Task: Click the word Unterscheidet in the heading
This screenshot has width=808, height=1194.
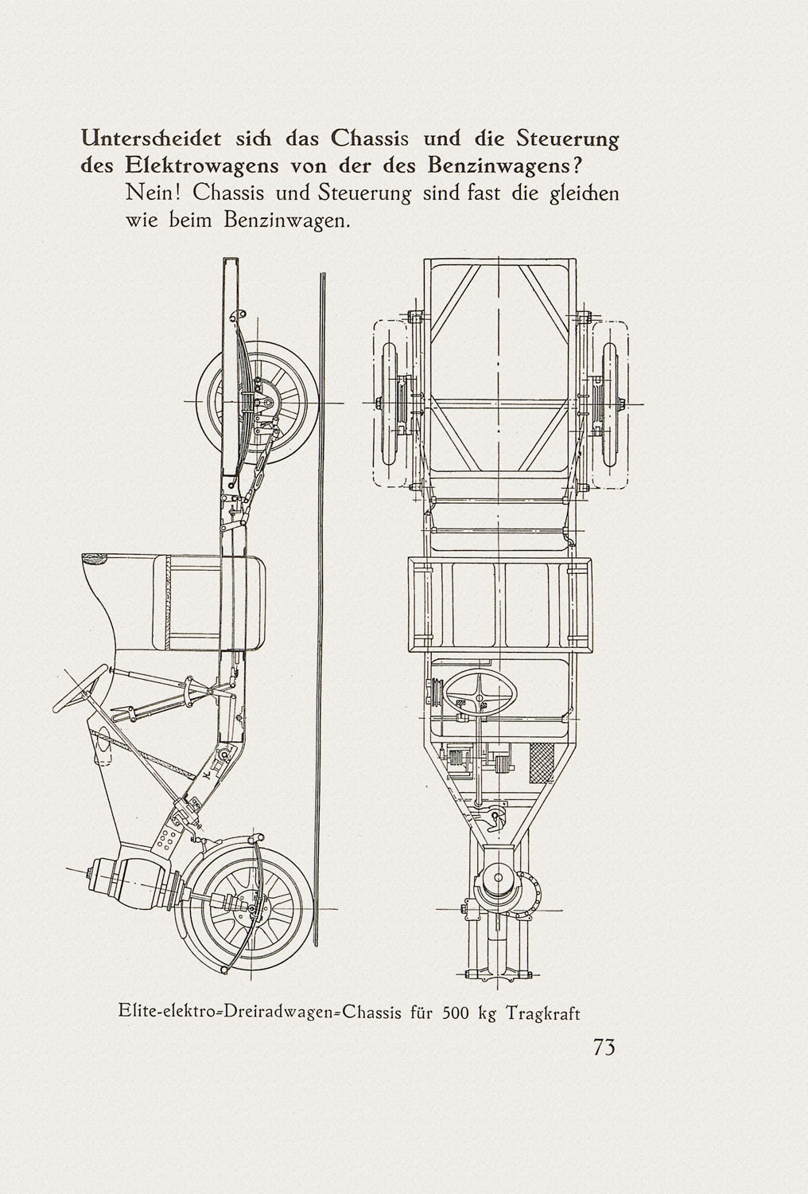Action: click(151, 139)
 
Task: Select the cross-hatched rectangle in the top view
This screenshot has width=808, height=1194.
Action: click(541, 763)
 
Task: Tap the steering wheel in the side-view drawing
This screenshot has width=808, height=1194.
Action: click(80, 689)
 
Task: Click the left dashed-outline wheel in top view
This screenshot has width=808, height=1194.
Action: click(391, 404)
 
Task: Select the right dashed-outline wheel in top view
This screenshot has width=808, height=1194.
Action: click(611, 404)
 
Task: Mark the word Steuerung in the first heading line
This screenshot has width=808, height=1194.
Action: click(568, 139)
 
